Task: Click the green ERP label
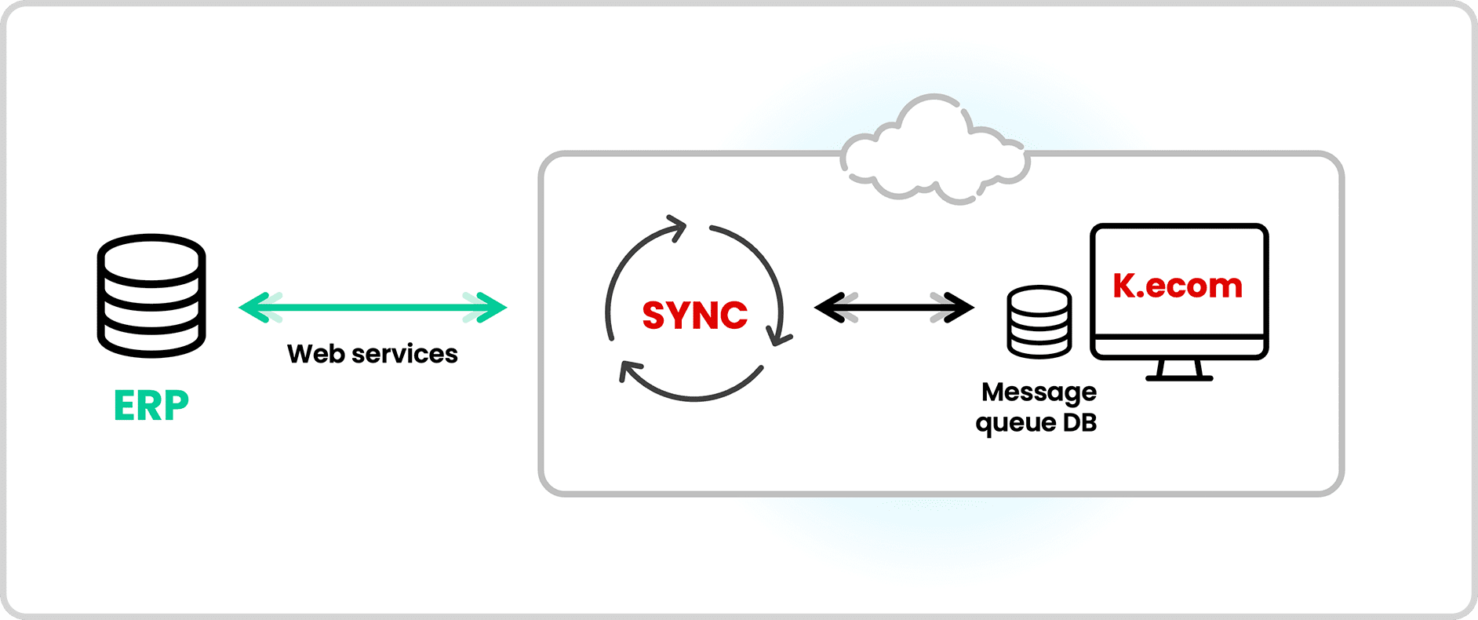[151, 406]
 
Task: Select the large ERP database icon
[151, 296]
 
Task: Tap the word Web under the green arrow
[315, 354]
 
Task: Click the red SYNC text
[694, 315]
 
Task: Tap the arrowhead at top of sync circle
[676, 228]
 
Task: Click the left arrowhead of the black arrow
[828, 308]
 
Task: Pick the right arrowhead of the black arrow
[960, 308]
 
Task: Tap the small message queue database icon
[1039, 322]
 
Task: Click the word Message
[1039, 392]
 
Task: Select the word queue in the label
[1015, 424]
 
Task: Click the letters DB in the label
[1079, 423]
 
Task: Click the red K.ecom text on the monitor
[1178, 286]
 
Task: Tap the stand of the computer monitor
[1179, 370]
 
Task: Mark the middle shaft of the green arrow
[373, 308]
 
